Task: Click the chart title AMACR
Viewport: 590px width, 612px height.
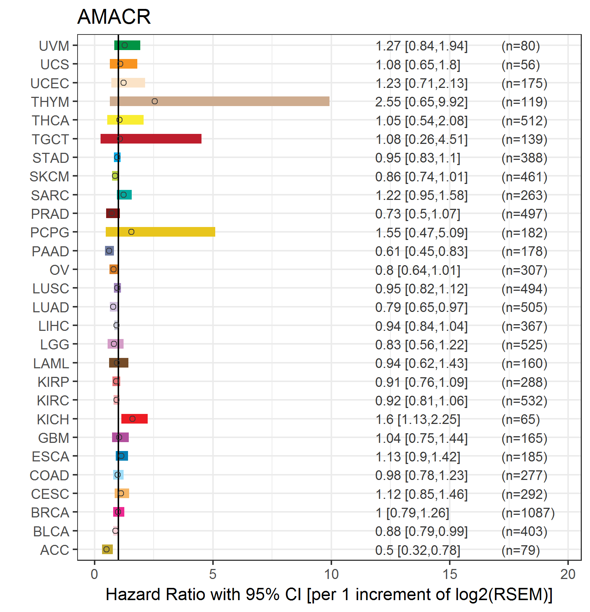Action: click(114, 17)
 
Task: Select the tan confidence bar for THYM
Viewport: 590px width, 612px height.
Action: click(219, 101)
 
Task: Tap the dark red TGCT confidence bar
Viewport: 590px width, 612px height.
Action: click(151, 139)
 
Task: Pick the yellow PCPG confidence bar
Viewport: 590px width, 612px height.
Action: click(160, 232)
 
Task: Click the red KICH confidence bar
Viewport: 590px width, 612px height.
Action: click(134, 419)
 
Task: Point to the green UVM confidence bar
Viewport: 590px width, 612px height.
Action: click(127, 45)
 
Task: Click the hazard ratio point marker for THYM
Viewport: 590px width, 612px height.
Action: click(155, 101)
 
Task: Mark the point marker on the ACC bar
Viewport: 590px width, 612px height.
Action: click(106, 549)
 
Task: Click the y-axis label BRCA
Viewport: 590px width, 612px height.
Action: click(50, 513)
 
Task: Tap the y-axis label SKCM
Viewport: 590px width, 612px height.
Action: click(49, 177)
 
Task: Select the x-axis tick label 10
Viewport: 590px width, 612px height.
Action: click(331, 574)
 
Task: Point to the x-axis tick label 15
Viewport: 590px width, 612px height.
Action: click(449, 574)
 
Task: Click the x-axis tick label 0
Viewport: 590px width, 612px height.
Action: click(95, 574)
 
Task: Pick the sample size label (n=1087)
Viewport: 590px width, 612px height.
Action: click(528, 513)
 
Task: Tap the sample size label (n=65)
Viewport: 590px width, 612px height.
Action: click(520, 419)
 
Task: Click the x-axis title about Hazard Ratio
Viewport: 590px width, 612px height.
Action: click(329, 594)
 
